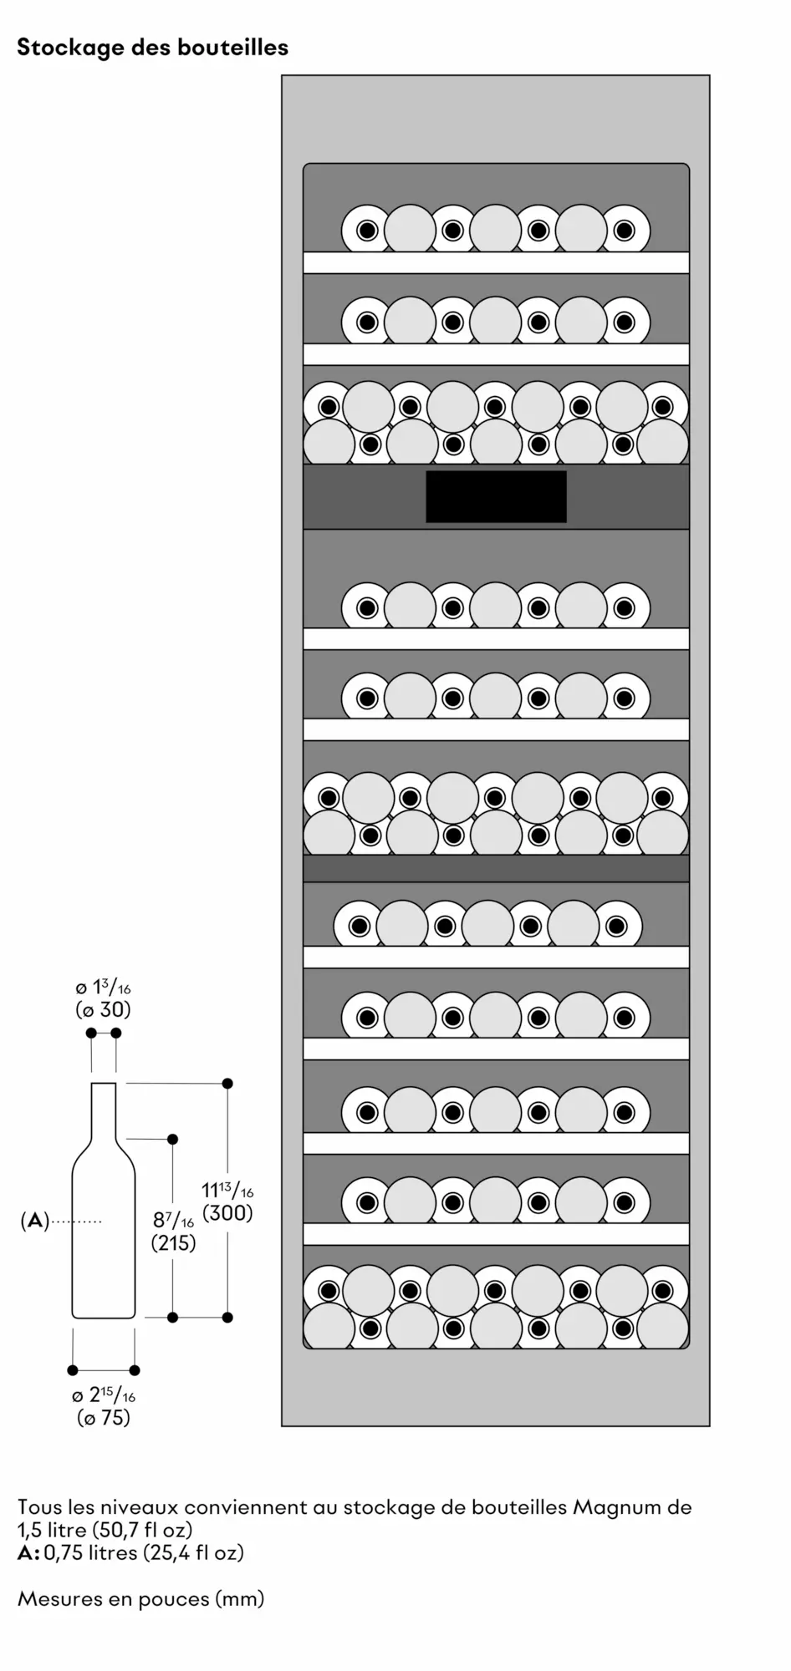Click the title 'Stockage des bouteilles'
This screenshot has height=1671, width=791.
coord(152,48)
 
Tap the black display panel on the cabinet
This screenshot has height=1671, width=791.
coord(496,496)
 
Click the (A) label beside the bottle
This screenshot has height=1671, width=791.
coord(34,1221)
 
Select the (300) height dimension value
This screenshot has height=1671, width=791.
coord(227,1213)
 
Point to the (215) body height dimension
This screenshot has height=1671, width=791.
coord(174,1243)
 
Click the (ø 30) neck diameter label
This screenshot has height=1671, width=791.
coord(104,1009)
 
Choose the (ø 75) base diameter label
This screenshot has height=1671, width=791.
coord(104,1418)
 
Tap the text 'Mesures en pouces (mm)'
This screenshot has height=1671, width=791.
coord(140,1599)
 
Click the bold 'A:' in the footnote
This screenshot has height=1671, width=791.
coord(28,1553)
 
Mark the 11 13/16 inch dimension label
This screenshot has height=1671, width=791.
coord(227,1190)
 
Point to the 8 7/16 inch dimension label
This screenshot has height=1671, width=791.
coord(173,1220)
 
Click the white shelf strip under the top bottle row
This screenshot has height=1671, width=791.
coord(496,262)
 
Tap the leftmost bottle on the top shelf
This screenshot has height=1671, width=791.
coord(366,230)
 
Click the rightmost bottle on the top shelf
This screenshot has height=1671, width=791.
coord(625,230)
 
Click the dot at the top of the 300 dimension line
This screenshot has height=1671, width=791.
coord(227,1083)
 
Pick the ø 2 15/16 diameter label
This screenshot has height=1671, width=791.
coord(104,1394)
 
